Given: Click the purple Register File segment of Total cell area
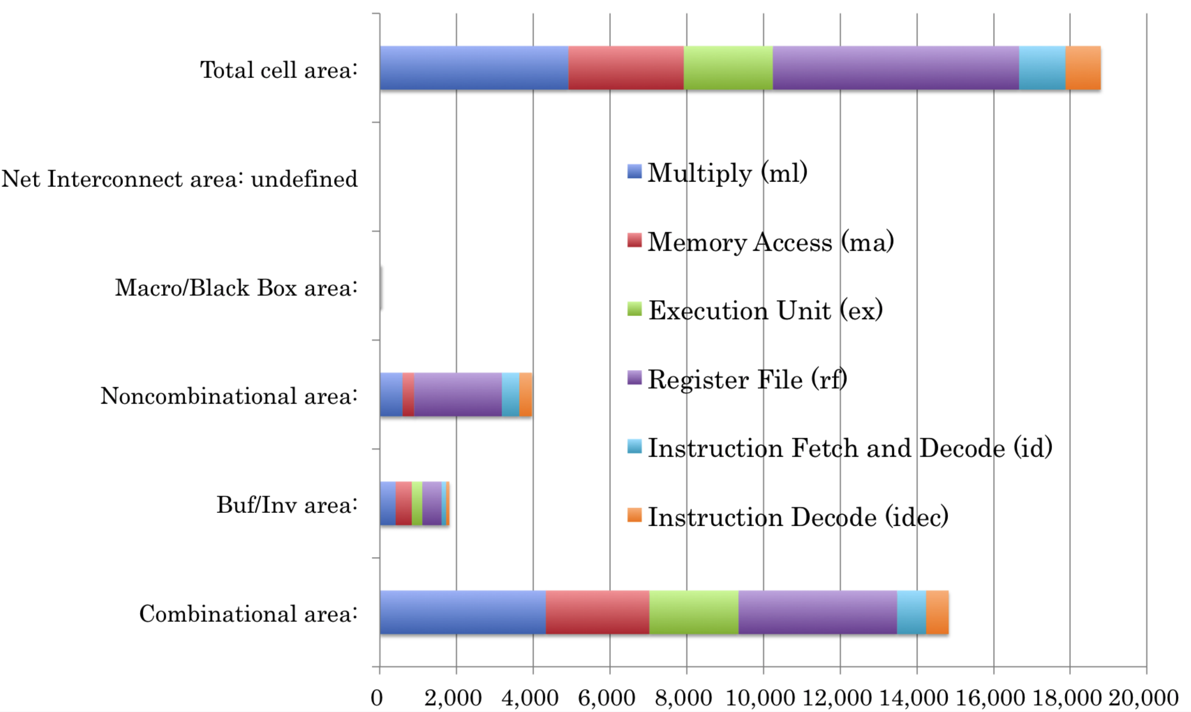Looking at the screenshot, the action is point(895,68).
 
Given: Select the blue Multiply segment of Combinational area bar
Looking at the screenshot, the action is point(463,612).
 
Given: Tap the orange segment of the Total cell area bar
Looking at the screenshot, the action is point(1083,68).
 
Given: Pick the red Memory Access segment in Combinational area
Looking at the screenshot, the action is point(598,612).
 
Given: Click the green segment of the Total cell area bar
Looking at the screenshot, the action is point(728,68).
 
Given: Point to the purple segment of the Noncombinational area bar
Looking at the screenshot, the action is point(458,394).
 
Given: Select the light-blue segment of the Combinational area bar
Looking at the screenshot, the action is point(911,612).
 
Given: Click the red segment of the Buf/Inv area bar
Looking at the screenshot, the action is point(404,503).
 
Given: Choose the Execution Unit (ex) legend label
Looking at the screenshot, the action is point(766,310).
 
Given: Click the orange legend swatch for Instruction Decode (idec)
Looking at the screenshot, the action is point(634,515).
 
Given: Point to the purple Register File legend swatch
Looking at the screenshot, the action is point(634,377).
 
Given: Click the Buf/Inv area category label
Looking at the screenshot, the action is point(287,505).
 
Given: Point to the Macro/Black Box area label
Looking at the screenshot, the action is point(236,288).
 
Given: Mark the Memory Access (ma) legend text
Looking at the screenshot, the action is point(771,241).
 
